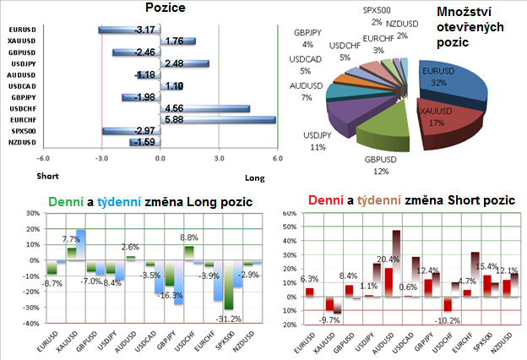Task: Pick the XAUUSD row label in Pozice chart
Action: (20, 41)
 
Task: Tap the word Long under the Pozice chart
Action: (254, 177)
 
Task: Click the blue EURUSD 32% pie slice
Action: (452, 82)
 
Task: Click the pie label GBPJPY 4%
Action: (305, 38)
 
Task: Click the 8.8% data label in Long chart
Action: (189, 237)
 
